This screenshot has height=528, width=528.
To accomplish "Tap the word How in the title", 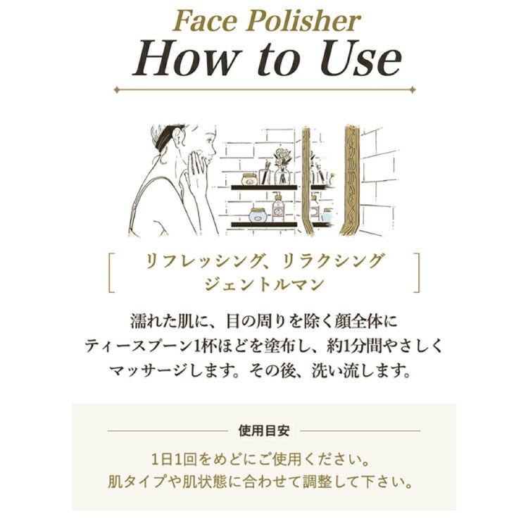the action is click(184, 58).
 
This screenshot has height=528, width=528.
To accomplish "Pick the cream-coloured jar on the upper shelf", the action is click(249, 179).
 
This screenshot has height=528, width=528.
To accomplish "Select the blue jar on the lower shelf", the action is click(259, 215).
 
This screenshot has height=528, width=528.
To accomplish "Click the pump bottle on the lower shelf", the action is click(278, 207).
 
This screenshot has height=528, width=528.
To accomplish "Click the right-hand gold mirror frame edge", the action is click(349, 180).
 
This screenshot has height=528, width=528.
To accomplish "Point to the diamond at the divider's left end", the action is click(117, 90).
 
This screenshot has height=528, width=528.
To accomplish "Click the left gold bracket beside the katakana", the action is click(112, 272).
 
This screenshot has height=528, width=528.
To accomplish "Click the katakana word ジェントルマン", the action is click(264, 284).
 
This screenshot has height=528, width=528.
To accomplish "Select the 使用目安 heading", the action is click(264, 430).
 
